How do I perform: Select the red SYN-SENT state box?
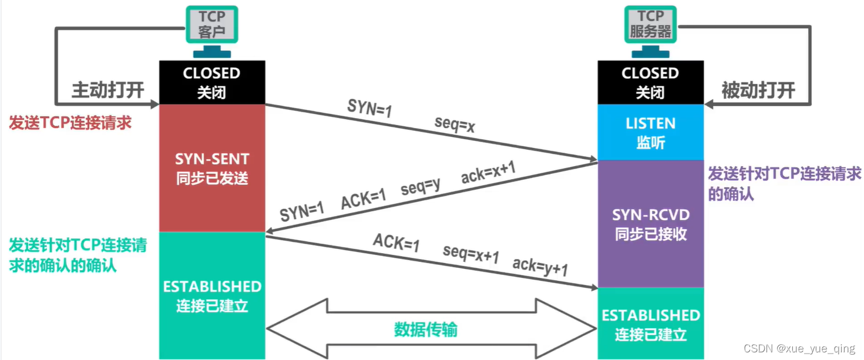click(x=212, y=168)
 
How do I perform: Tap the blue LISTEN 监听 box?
click(x=650, y=132)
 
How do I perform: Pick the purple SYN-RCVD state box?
click(x=650, y=224)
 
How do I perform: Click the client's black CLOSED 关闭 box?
click(x=212, y=82)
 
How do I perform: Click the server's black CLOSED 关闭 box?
click(x=650, y=82)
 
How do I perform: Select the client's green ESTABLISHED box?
click(x=212, y=295)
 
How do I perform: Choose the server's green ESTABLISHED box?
click(x=650, y=324)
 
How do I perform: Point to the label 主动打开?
click(x=108, y=90)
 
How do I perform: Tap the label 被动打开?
click(x=758, y=90)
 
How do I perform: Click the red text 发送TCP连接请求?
click(x=70, y=123)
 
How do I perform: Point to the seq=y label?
click(x=421, y=187)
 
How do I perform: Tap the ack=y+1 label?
click(x=540, y=267)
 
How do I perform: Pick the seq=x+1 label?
click(x=471, y=255)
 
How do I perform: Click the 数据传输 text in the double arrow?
click(x=426, y=329)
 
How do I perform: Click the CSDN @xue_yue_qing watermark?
click(x=799, y=348)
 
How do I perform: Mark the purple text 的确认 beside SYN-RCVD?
click(x=731, y=193)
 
